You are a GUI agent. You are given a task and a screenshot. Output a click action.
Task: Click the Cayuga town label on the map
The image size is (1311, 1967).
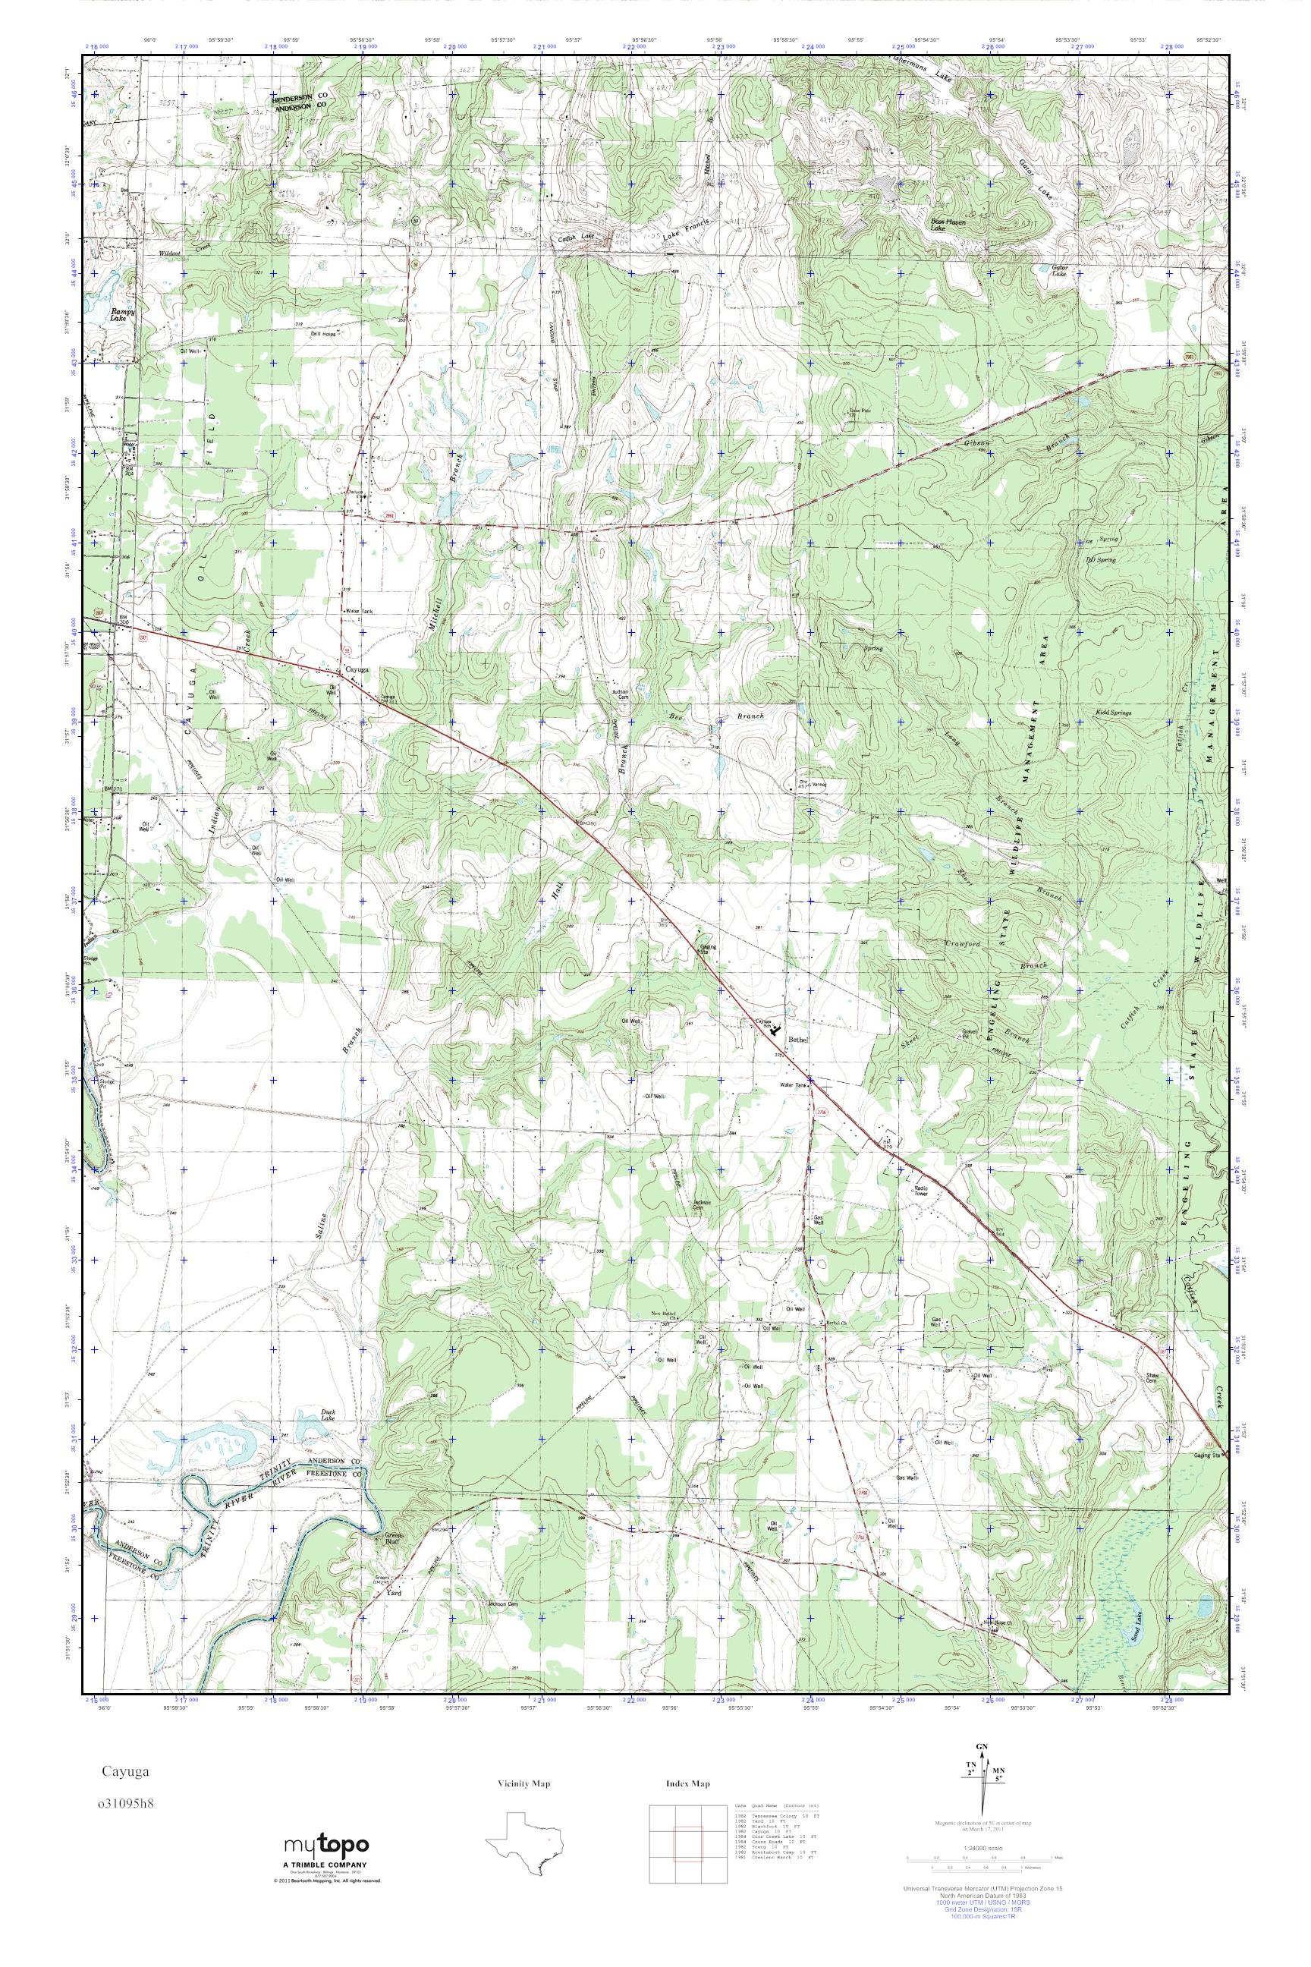[x=352, y=670]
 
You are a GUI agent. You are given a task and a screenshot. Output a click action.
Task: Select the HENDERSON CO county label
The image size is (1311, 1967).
[x=297, y=97]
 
